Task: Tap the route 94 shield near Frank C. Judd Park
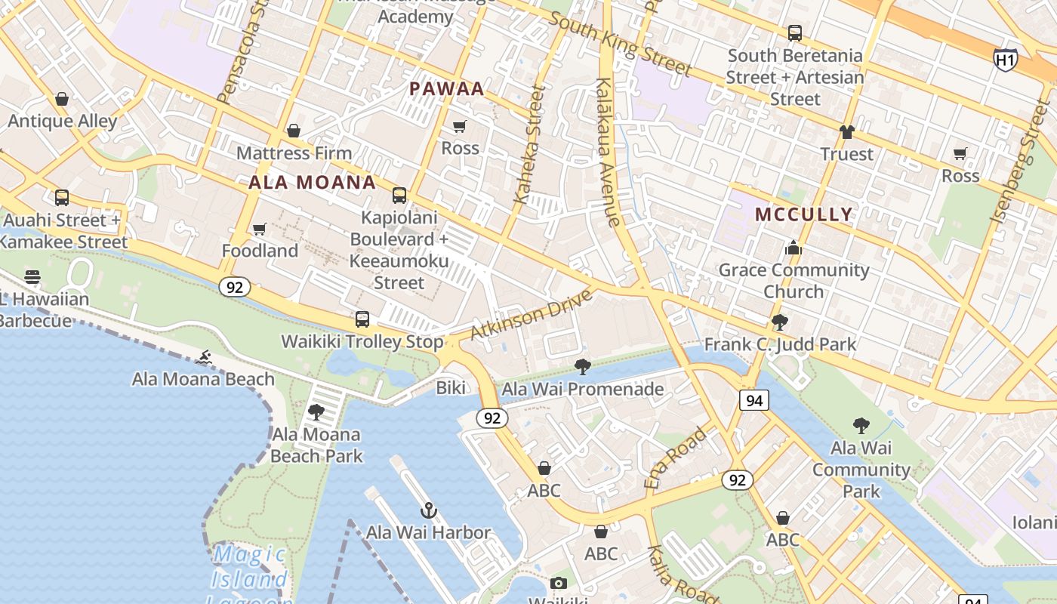coord(754,400)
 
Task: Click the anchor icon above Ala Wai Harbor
coord(429,511)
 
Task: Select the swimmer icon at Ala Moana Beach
coord(203,357)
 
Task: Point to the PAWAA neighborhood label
coord(446,89)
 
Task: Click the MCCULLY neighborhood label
coord(804,214)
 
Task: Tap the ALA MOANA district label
coord(312,183)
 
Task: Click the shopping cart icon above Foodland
coord(260,229)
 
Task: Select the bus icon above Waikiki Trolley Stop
coord(362,319)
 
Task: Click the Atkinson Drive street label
coord(531,314)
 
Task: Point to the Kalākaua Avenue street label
coord(608,151)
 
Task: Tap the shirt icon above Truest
coord(846,132)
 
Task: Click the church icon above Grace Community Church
coord(793,248)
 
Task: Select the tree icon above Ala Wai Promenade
coord(582,367)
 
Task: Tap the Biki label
coord(451,388)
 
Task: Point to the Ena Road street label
coord(676,458)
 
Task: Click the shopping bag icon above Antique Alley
coord(62,99)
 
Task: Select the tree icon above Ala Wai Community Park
coord(861,425)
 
